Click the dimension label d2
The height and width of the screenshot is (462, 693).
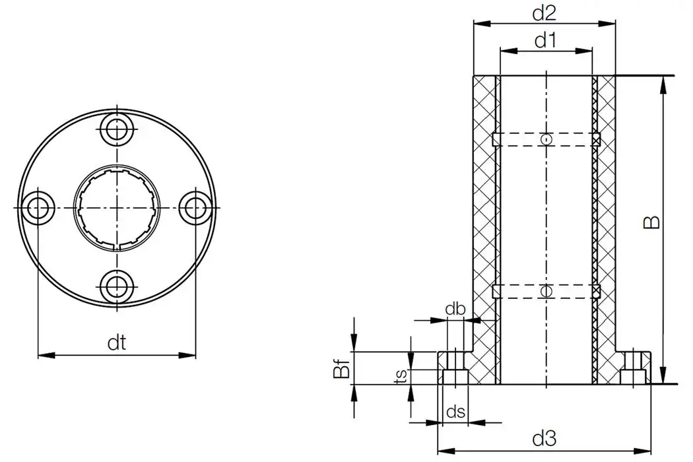pyautogui.click(x=544, y=12)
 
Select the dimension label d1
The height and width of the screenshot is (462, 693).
pyautogui.click(x=545, y=41)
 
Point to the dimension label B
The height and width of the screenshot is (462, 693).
pyautogui.click(x=652, y=222)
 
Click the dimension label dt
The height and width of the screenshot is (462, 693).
pyautogui.click(x=117, y=343)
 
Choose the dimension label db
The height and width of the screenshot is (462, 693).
pyautogui.click(x=455, y=310)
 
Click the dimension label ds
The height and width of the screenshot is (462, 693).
pyautogui.click(x=455, y=412)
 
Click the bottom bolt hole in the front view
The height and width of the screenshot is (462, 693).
pyautogui.click(x=117, y=286)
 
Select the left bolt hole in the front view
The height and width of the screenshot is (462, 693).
pyautogui.click(x=38, y=207)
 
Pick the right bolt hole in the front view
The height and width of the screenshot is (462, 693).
pyautogui.click(x=195, y=207)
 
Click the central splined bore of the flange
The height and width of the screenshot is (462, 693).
pyautogui.click(x=117, y=207)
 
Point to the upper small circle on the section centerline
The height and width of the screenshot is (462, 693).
pyautogui.click(x=546, y=139)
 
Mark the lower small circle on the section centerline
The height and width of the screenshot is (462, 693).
pyautogui.click(x=546, y=291)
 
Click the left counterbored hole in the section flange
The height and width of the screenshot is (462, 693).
pyautogui.click(x=455, y=368)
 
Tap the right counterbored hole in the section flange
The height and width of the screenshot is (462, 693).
pyautogui.click(x=634, y=368)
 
